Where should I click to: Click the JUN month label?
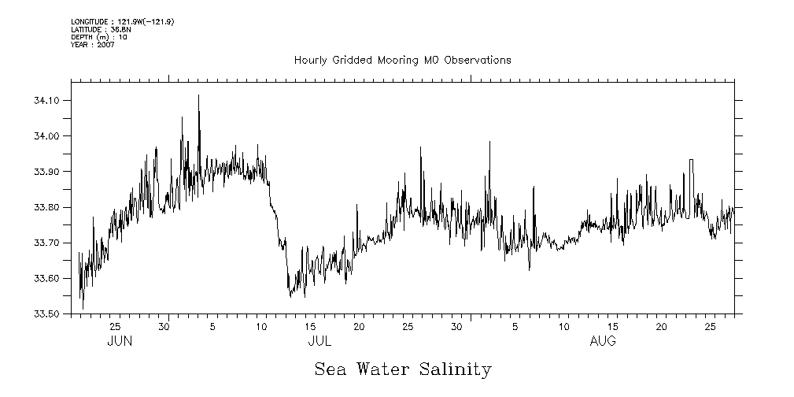119,342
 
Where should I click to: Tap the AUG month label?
603,342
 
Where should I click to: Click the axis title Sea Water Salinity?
403,369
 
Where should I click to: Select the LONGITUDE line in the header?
122,21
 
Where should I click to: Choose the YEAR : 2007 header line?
93,45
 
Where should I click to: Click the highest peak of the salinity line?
198,95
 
